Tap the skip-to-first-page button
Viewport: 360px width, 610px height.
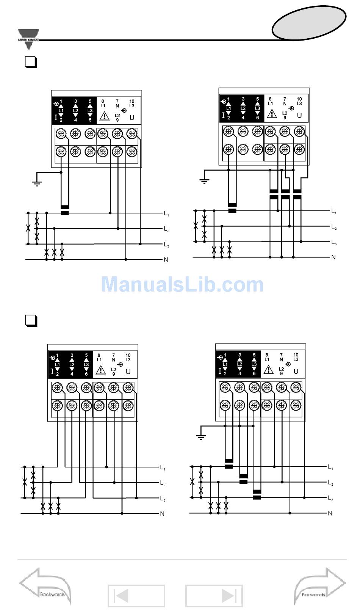(x=136, y=596)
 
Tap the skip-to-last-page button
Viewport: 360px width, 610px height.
(x=214, y=596)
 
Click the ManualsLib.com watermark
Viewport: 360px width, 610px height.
(x=182, y=284)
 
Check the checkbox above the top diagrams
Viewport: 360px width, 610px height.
(x=31, y=62)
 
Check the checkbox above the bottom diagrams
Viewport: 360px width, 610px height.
(x=31, y=321)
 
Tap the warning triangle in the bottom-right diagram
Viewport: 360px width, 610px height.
(x=268, y=369)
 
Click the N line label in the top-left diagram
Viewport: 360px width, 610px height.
(x=166, y=260)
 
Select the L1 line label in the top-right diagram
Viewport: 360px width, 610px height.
(x=334, y=211)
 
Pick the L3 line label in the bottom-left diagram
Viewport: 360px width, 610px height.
(x=162, y=499)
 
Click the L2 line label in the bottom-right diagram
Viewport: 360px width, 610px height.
(x=330, y=483)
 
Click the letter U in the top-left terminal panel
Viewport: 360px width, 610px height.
(x=132, y=118)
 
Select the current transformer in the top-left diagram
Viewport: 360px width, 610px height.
(x=65, y=210)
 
